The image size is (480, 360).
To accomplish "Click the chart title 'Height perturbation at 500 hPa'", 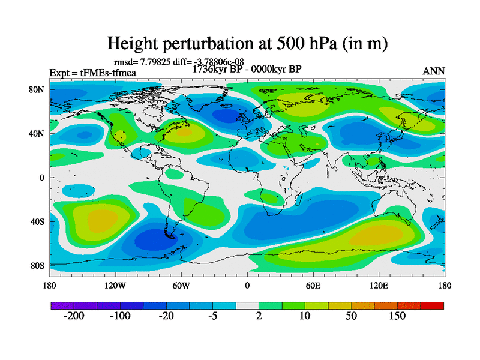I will (246, 44).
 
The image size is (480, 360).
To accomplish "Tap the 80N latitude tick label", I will (37, 89).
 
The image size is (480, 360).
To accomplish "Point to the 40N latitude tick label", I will (37, 133).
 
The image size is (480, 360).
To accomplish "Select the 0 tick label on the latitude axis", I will (43, 178).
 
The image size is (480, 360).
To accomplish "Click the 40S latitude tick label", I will (37, 222).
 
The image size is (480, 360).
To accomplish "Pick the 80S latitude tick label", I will (37, 266).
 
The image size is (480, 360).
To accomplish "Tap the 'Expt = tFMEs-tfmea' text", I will (93, 73).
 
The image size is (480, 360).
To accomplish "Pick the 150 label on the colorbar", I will (397, 316).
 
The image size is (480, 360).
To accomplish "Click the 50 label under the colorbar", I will (351, 316).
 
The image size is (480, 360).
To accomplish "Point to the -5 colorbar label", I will (212, 316).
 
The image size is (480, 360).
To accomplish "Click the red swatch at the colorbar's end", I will (432, 306).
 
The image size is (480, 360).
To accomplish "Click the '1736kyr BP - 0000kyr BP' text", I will (247, 69).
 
